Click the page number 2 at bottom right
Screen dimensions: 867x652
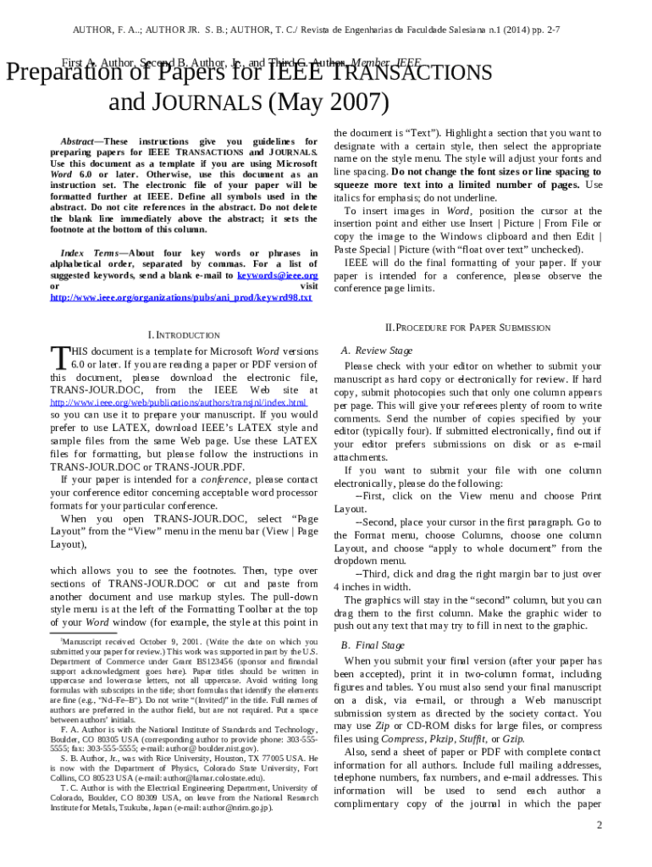pos(598,825)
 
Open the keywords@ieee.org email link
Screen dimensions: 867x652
pos(277,276)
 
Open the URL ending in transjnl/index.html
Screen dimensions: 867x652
pos(178,403)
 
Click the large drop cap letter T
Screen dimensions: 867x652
pos(58,357)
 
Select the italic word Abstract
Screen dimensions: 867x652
pos(76,141)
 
